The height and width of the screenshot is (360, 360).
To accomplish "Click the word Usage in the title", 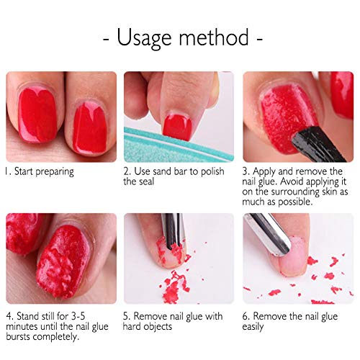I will click(147, 37).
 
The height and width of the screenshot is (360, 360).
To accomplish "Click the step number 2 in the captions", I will click(126, 171).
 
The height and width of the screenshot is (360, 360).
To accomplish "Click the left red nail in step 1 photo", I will click(37, 115).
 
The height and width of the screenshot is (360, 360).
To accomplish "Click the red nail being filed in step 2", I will click(176, 126).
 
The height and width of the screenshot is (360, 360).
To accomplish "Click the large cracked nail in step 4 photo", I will click(72, 259).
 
